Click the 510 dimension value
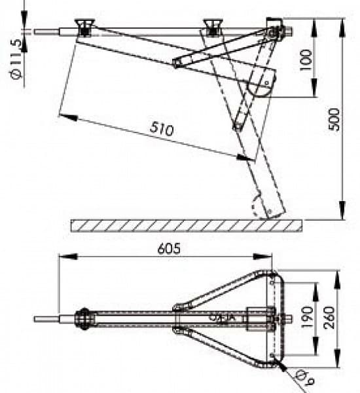point(161,128)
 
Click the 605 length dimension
point(170,249)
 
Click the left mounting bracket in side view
point(84,28)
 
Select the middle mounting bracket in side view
point(212,28)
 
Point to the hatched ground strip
point(187,225)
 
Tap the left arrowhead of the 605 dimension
point(62,257)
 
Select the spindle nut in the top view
point(84,320)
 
